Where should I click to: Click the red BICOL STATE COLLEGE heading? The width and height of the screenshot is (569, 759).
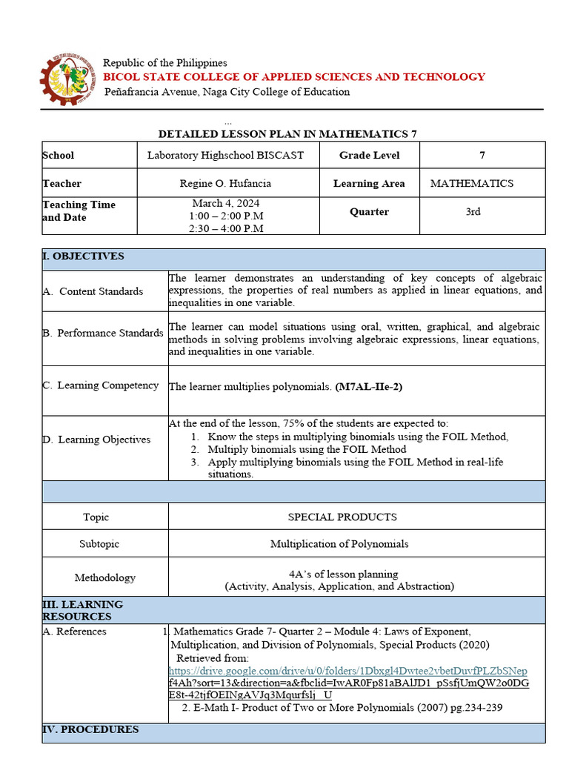pos(294,77)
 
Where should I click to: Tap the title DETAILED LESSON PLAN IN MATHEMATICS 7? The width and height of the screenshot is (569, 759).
pos(288,134)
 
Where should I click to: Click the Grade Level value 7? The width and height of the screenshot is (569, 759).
pos(482,155)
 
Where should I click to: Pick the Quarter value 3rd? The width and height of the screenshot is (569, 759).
pos(473,211)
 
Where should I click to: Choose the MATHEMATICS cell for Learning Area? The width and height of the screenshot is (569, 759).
pos(472,183)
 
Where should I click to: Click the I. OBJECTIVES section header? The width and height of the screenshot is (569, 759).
pos(83,256)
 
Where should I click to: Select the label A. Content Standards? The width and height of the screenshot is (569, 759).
pos(93,291)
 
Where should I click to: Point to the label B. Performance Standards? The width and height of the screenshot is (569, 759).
pos(103,333)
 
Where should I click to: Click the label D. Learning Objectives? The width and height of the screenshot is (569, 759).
pos(96,440)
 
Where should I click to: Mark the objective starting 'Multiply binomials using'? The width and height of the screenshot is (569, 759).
pos(307,449)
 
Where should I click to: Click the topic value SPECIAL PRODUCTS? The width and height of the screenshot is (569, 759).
pos(342,517)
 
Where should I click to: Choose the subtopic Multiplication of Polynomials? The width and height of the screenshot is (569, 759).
pos(339,544)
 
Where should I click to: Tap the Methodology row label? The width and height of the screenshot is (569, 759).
pos(104,577)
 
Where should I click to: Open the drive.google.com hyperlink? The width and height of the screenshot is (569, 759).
pos(348,671)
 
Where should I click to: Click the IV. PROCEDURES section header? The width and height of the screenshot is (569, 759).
pos(90,729)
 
